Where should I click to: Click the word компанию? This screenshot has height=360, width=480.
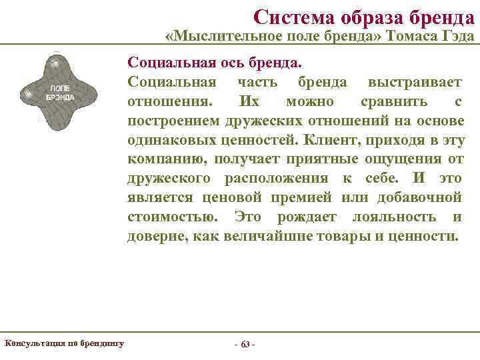coord(160,159)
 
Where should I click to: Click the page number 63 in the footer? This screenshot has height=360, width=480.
coord(245,344)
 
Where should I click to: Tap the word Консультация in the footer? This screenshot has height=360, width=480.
coord(34,343)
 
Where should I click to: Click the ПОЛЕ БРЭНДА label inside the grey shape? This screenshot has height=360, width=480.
coord(60,92)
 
